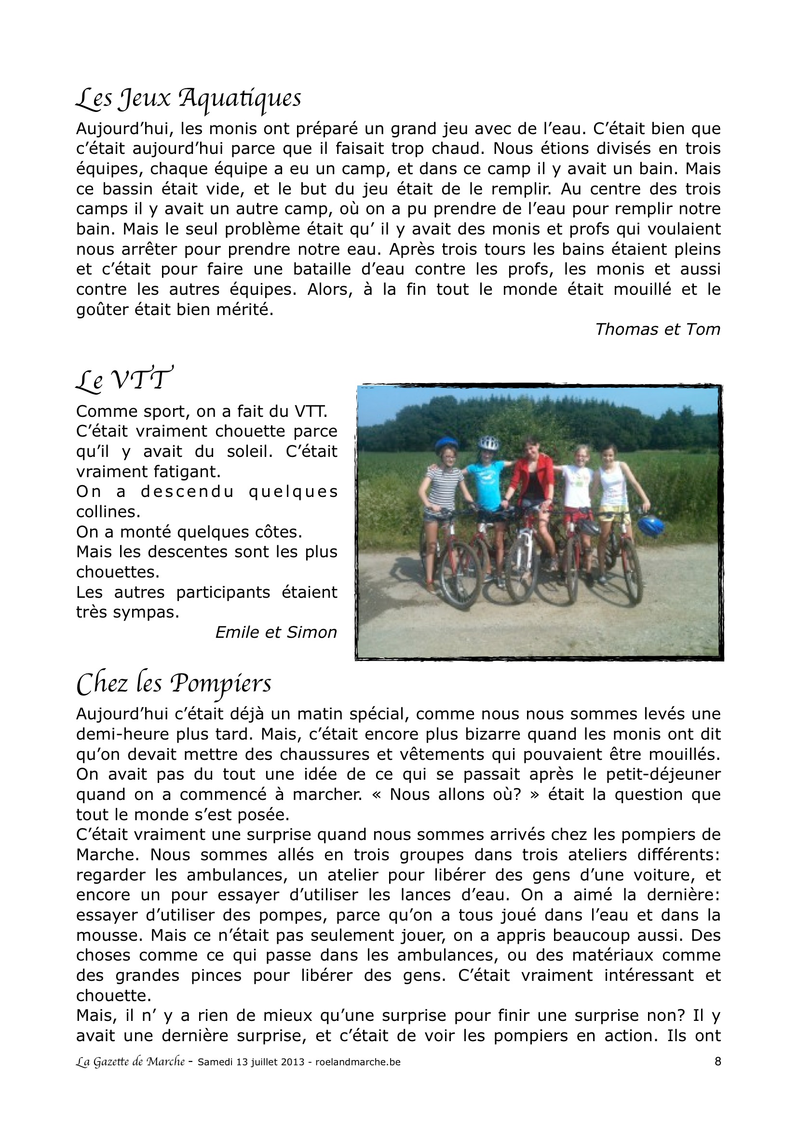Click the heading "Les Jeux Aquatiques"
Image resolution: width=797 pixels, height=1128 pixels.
point(188,99)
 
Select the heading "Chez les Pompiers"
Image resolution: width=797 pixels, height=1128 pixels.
point(174,683)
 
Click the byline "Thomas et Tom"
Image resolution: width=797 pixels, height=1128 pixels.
point(658,329)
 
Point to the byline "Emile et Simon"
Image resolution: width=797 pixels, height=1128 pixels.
point(276,633)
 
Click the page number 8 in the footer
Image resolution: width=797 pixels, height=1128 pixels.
point(717,1061)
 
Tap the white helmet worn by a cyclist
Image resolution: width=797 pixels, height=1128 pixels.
point(488,442)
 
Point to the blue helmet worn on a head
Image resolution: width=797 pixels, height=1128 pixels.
point(446,444)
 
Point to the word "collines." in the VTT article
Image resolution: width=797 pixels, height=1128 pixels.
point(108,512)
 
